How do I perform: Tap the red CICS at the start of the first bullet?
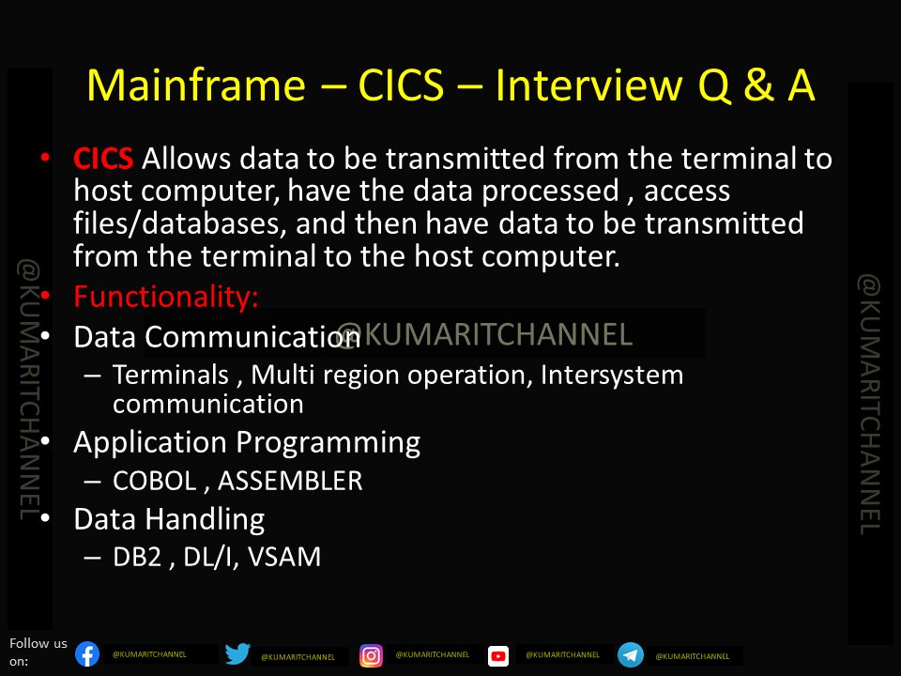pos(103,159)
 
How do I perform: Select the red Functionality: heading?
pos(166,298)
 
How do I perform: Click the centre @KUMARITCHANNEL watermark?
pos(484,333)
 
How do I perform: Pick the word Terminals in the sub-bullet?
pos(171,376)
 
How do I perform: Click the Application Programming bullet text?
pos(247,442)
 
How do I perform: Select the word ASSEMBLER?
pos(292,481)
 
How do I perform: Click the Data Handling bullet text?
pos(169,519)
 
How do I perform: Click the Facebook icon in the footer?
pos(87,654)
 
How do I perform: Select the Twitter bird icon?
pos(237,654)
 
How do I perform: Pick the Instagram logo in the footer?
pos(372,655)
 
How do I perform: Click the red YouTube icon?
pos(498,655)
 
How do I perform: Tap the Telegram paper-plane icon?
pos(631,654)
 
